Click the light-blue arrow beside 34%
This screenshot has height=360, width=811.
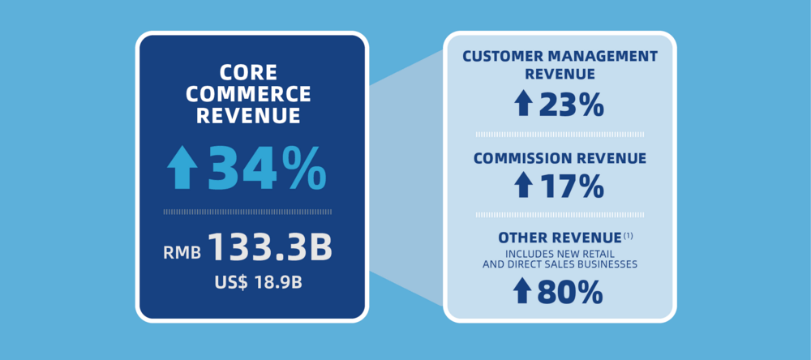pyautogui.click(x=182, y=168)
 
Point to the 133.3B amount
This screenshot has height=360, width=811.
pyautogui.click(x=270, y=249)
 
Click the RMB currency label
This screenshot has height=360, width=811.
pyautogui.click(x=182, y=252)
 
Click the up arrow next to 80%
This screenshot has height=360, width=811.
pyautogui.click(x=524, y=290)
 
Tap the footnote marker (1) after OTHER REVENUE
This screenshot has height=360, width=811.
pyautogui.click(x=629, y=235)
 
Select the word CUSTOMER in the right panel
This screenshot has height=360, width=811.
pyautogui.click(x=508, y=57)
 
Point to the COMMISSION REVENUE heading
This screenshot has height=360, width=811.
pyautogui.click(x=560, y=158)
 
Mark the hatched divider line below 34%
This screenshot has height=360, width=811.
pyautogui.click(x=247, y=212)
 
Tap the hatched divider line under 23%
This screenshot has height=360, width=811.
pyautogui.click(x=560, y=133)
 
